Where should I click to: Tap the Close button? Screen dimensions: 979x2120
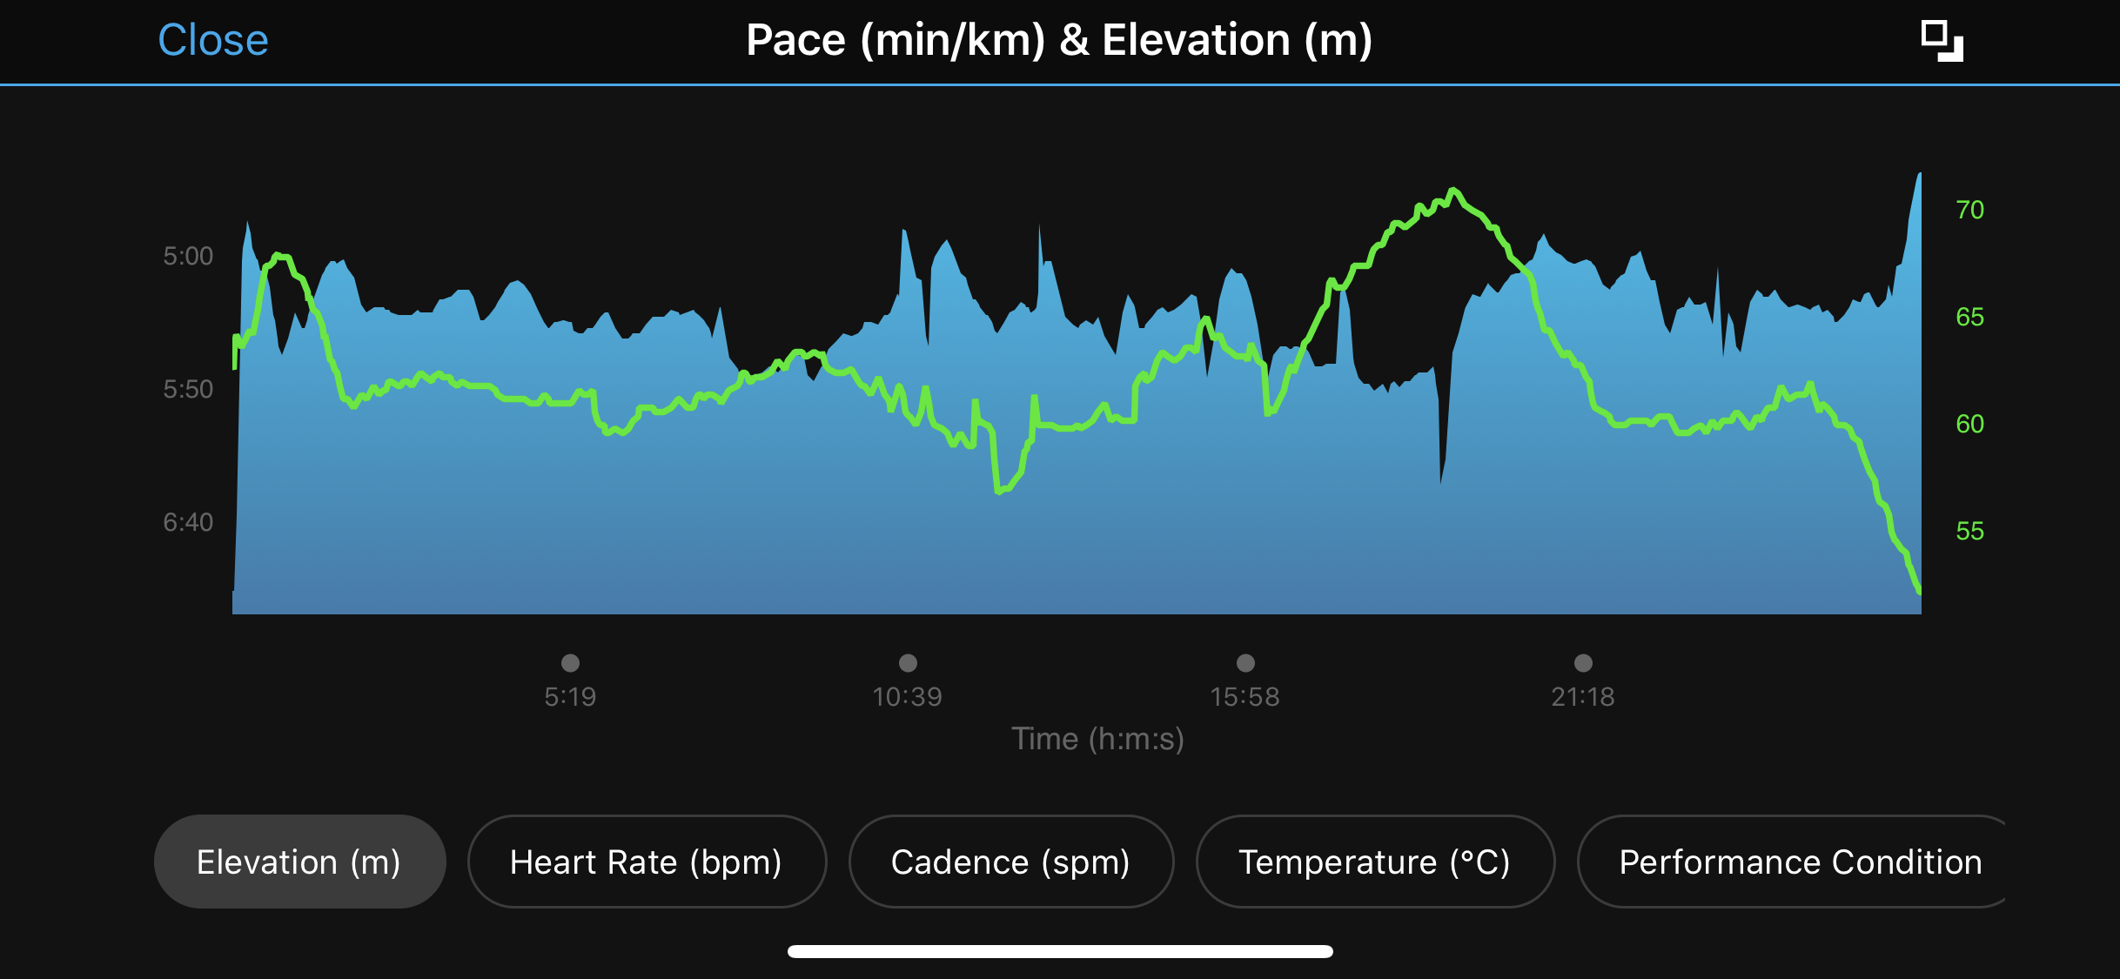click(213, 40)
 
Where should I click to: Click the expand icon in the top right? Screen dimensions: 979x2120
click(1942, 41)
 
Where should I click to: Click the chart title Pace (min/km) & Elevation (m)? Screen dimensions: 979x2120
click(1059, 40)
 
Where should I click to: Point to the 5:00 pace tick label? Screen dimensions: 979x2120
click(188, 256)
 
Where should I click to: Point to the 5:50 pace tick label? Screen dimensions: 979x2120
click(188, 389)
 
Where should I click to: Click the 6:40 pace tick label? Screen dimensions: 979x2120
click(188, 522)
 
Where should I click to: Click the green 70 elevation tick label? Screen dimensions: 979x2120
click(1969, 210)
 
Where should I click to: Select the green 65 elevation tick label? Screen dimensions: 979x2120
click(1969, 317)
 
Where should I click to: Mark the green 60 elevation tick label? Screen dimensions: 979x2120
click(1969, 424)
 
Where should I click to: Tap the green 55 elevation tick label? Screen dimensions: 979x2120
click(1969, 531)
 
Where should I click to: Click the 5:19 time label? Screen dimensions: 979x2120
click(570, 696)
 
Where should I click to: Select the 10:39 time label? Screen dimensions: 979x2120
click(907, 696)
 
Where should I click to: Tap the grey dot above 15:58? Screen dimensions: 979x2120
click(1245, 663)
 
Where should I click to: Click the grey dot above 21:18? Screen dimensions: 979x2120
click(1583, 663)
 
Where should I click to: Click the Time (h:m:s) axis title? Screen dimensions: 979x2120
click(1097, 739)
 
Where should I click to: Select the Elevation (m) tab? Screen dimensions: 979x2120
click(299, 862)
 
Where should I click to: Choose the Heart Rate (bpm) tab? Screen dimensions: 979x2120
click(646, 862)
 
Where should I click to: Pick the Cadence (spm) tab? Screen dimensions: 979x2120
click(1010, 862)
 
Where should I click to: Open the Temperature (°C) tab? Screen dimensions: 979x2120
click(1374, 862)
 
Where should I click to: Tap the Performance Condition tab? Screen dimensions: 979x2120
click(1799, 862)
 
